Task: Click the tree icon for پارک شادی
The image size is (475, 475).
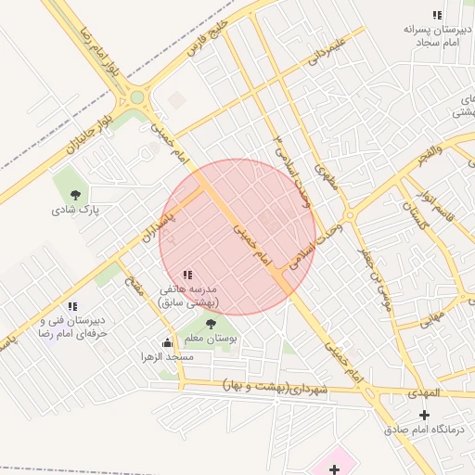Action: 75,195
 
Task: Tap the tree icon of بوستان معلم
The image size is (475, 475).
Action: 211,324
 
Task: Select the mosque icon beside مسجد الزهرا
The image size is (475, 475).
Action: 167,342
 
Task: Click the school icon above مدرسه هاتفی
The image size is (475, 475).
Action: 188,275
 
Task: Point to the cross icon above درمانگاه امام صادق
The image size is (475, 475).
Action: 425,415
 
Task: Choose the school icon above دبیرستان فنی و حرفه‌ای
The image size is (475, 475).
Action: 71,307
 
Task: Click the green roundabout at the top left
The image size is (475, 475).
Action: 137,96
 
